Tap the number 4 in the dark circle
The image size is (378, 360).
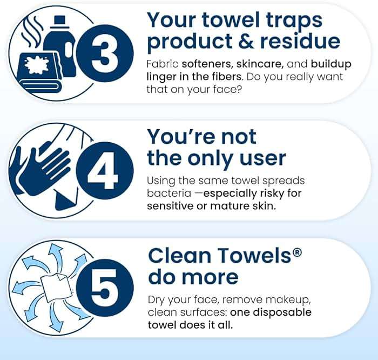[x=103, y=172]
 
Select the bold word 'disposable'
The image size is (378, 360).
[x=283, y=312]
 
